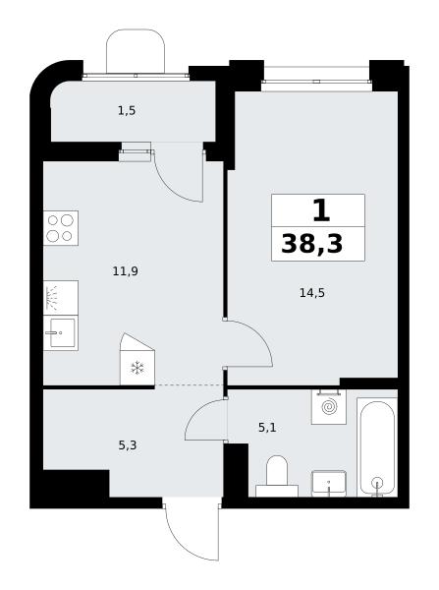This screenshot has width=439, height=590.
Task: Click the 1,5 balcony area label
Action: [x=127, y=111]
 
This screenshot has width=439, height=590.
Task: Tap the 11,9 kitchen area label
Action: [x=126, y=271]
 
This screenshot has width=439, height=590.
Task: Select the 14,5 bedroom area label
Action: [x=312, y=292]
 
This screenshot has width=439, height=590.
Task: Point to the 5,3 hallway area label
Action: [x=128, y=445]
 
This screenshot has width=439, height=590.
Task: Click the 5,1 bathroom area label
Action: [x=267, y=428]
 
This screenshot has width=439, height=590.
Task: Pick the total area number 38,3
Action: [x=312, y=244]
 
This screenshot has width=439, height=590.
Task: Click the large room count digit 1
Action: [x=321, y=210]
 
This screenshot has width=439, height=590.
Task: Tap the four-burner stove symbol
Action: [x=61, y=228]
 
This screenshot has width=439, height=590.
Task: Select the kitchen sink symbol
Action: [x=61, y=333]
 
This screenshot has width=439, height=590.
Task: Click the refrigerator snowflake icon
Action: [x=137, y=368]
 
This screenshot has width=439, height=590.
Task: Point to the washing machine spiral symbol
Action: [x=329, y=407]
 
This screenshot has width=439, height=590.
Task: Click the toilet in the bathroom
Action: [x=277, y=476]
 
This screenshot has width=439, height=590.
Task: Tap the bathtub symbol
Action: [x=377, y=447]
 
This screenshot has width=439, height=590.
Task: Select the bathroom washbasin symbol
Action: [x=329, y=484]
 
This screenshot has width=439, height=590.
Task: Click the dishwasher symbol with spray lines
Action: [x=61, y=298]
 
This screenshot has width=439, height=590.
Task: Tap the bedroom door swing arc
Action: [x=259, y=332]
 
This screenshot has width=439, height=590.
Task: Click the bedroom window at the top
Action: [x=315, y=82]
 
